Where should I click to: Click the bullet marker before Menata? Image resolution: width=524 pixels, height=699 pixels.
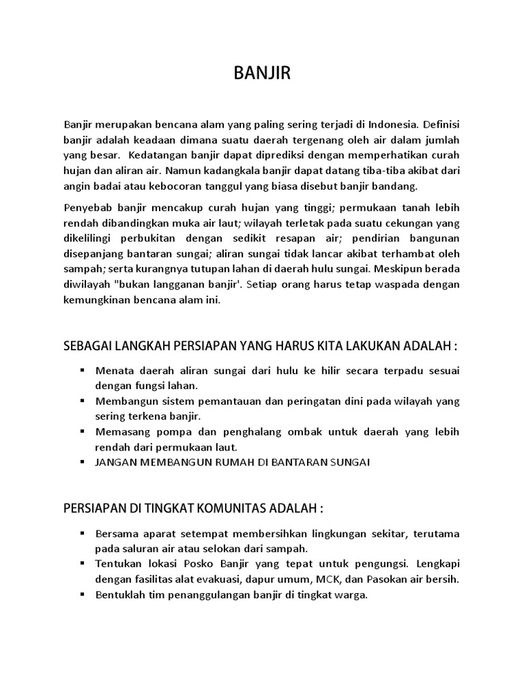point(82,369)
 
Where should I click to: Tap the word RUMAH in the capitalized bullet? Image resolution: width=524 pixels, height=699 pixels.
point(220,462)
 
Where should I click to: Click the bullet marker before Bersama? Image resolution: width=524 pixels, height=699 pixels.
point(82,532)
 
